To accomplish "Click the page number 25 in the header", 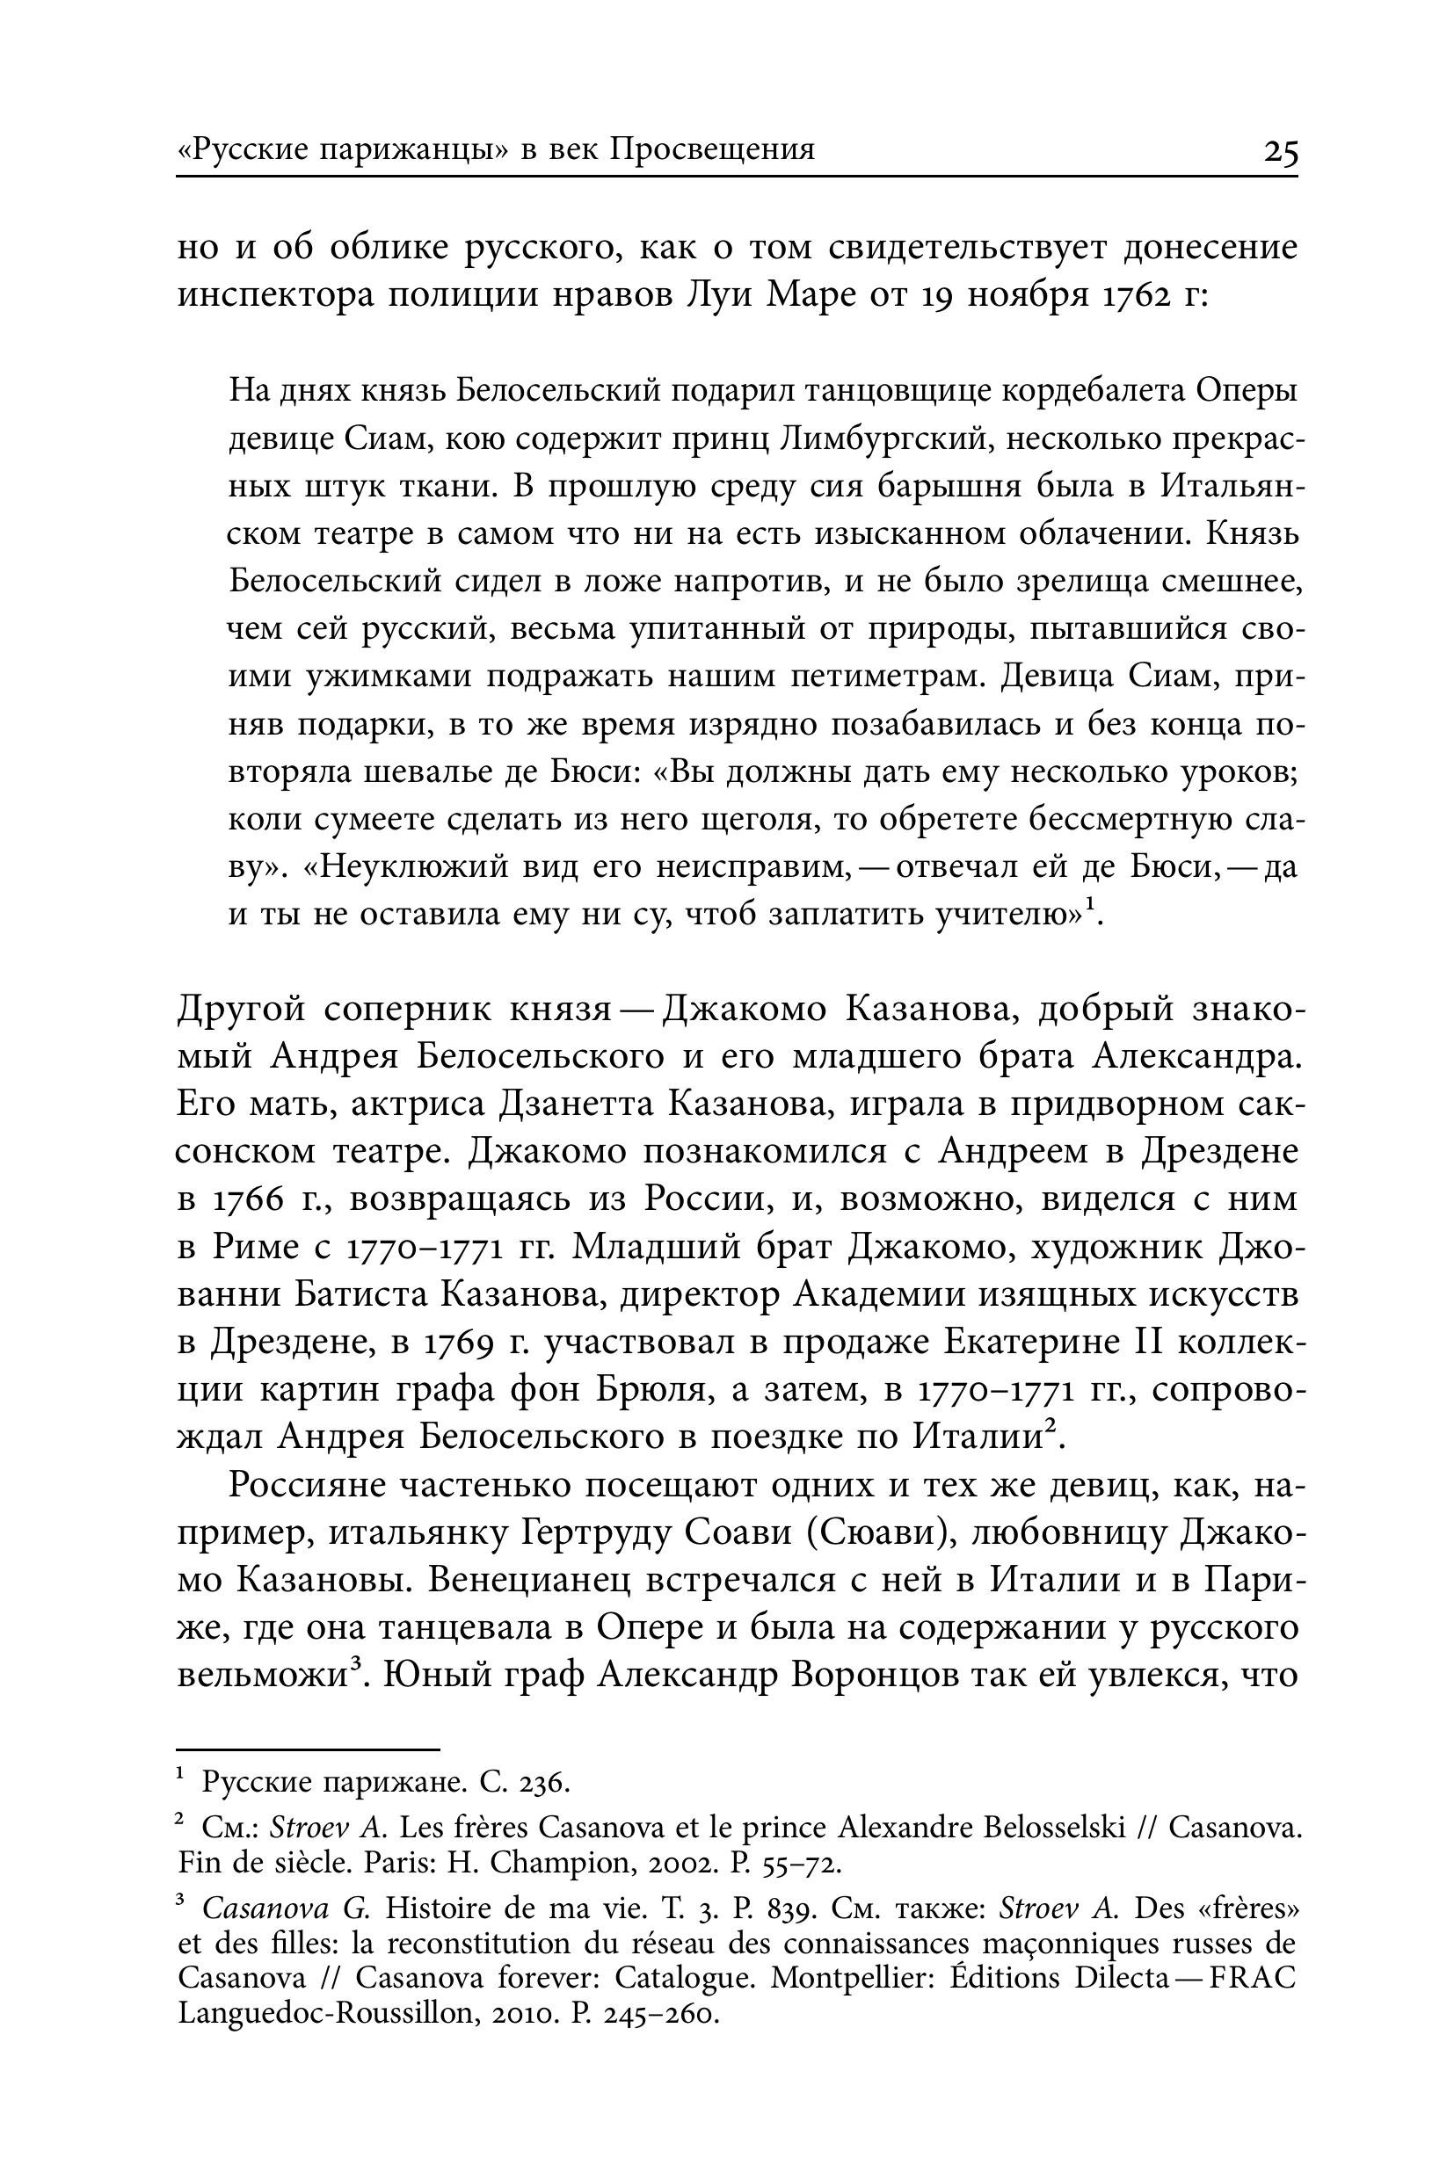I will (1281, 150).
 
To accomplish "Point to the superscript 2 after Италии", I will (1051, 1427).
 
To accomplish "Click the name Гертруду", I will (595, 1533).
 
